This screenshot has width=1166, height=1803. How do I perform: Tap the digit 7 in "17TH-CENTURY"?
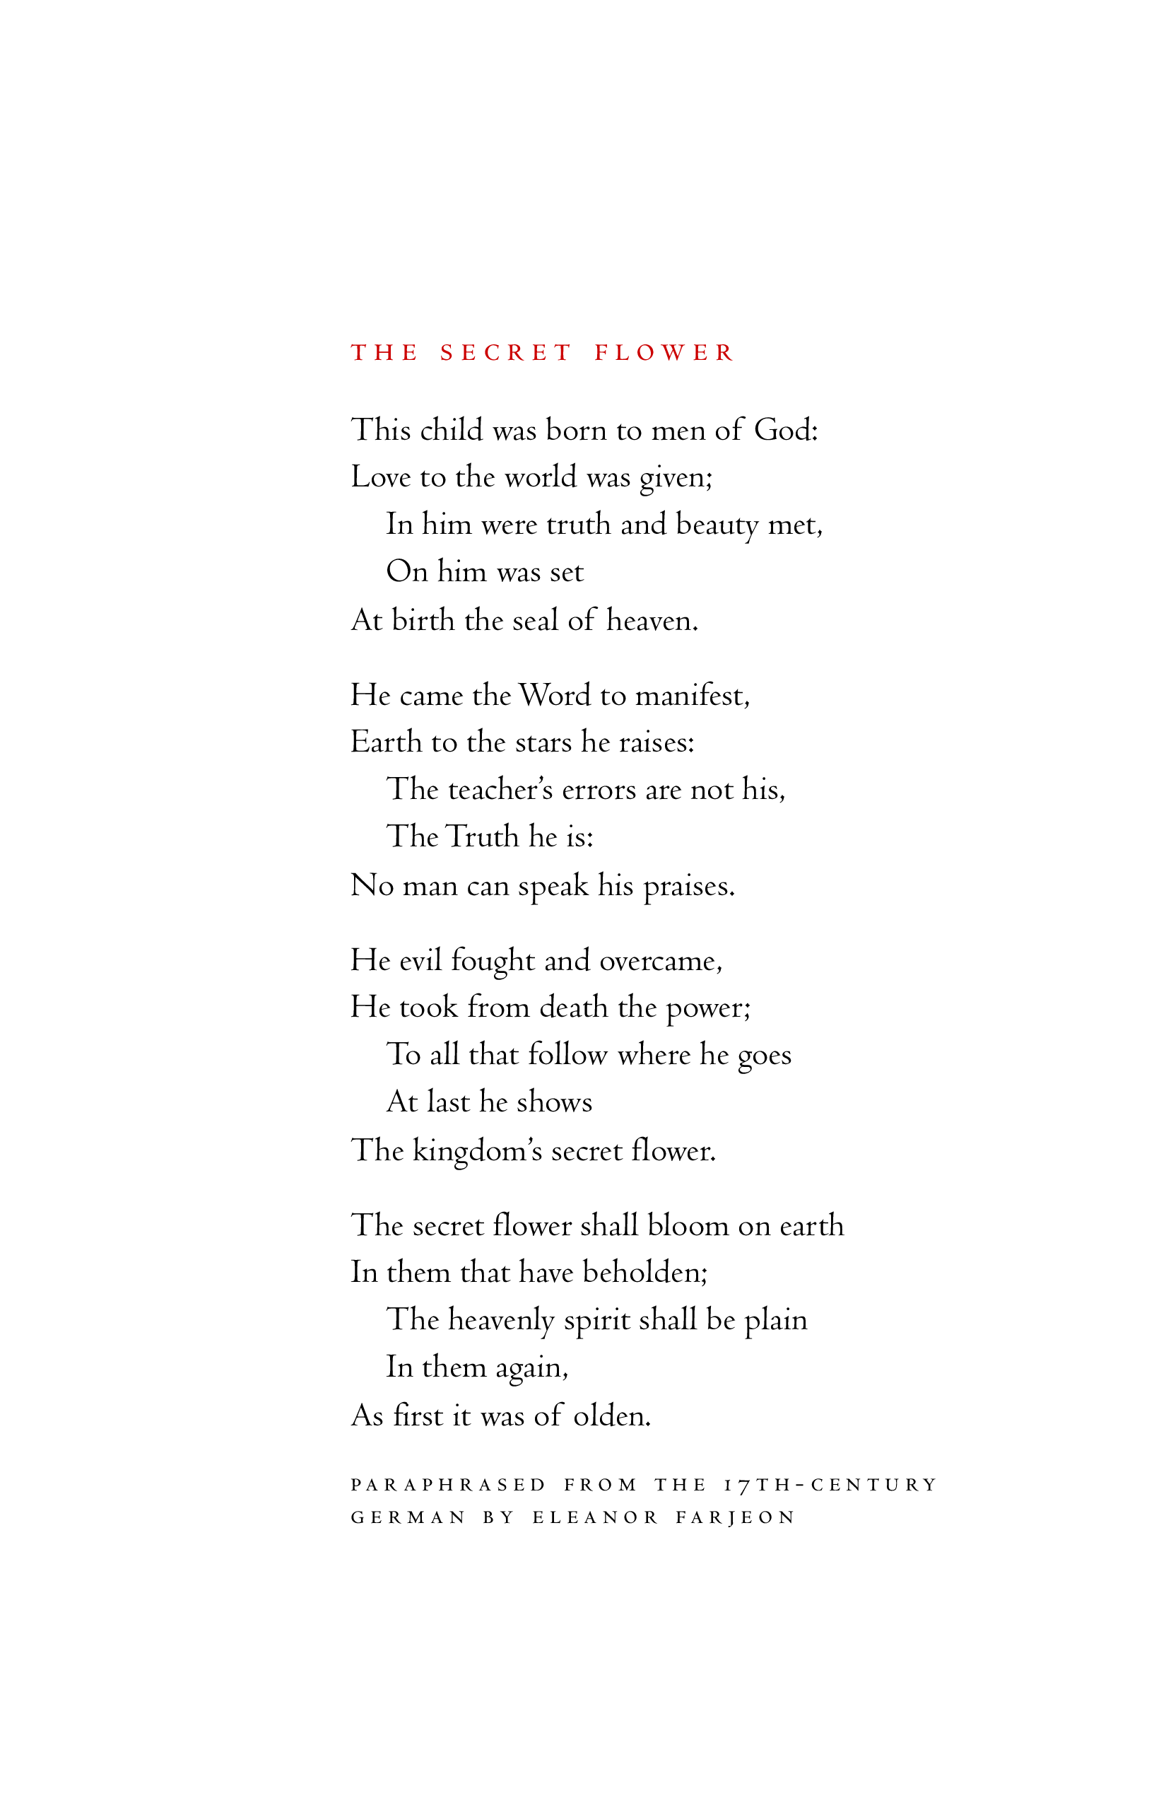[743, 1486]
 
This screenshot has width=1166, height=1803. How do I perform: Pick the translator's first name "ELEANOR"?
[595, 1517]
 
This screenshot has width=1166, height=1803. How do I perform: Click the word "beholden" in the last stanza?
[644, 1273]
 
